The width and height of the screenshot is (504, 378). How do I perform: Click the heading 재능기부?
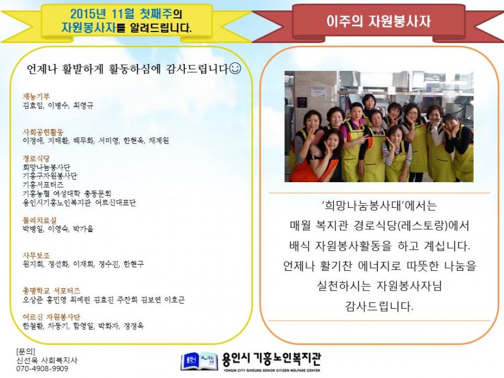[x=36, y=96]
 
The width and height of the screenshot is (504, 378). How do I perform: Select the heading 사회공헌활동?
[x=43, y=132]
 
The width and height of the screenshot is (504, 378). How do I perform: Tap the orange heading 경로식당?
[x=36, y=159]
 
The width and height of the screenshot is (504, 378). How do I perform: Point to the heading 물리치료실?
[x=40, y=220]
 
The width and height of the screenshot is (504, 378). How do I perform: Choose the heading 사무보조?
[x=36, y=255]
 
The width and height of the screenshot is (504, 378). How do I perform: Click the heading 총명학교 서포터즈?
[x=52, y=291]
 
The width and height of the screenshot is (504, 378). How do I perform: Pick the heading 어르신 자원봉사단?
[x=52, y=317]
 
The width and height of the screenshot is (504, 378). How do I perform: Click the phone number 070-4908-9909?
[x=42, y=369]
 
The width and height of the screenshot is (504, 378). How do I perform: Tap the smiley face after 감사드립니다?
[x=235, y=69]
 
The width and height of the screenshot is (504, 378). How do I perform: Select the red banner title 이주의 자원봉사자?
[x=379, y=21]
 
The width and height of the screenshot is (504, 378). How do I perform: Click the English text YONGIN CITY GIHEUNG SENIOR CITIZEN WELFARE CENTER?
[x=271, y=371]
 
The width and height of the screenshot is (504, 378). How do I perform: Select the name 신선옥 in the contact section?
[x=27, y=360]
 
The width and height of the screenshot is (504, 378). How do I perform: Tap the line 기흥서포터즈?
[x=43, y=185]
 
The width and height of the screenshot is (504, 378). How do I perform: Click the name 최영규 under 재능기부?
[x=83, y=105]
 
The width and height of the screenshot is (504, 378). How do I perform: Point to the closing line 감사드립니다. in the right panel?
[x=379, y=306]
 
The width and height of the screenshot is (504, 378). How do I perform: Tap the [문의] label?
[x=26, y=352]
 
